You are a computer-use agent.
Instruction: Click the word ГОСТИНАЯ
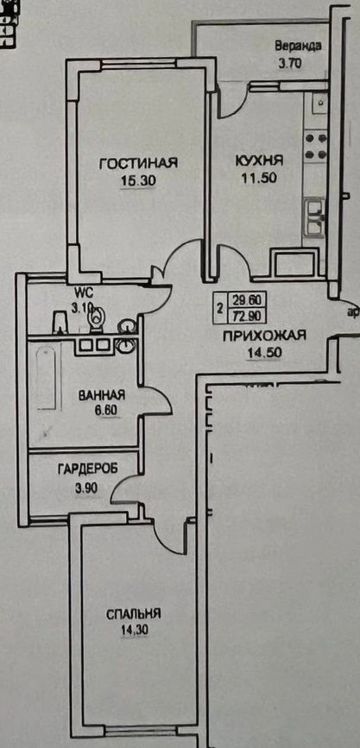138,163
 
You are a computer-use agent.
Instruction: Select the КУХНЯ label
259,160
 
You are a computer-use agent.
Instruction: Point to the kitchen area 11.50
260,178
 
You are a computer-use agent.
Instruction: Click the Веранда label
299,47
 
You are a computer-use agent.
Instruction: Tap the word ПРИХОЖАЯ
264,336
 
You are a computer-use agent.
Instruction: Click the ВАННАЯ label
102,395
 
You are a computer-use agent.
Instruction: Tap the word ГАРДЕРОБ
87,469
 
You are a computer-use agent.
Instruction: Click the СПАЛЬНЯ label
133,614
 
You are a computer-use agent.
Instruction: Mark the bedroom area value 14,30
134,630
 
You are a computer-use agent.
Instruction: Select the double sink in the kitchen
315,218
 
